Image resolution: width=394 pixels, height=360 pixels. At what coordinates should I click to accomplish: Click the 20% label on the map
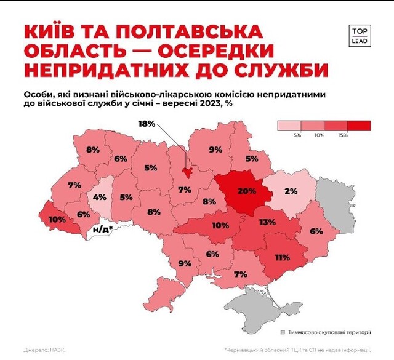point(246,191)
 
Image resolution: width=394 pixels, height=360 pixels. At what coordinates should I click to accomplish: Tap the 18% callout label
point(147,124)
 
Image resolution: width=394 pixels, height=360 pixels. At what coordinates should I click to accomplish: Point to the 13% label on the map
point(267,222)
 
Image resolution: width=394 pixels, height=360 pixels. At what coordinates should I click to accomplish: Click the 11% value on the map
point(282,258)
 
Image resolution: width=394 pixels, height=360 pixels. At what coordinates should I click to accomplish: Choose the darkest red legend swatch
point(359,126)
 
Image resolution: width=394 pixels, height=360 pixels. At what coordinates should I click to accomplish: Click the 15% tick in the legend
point(344,135)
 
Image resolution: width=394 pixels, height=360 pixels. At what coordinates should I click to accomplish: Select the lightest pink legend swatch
point(291,126)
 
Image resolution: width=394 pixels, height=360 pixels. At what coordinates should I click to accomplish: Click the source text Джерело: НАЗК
point(44,350)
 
